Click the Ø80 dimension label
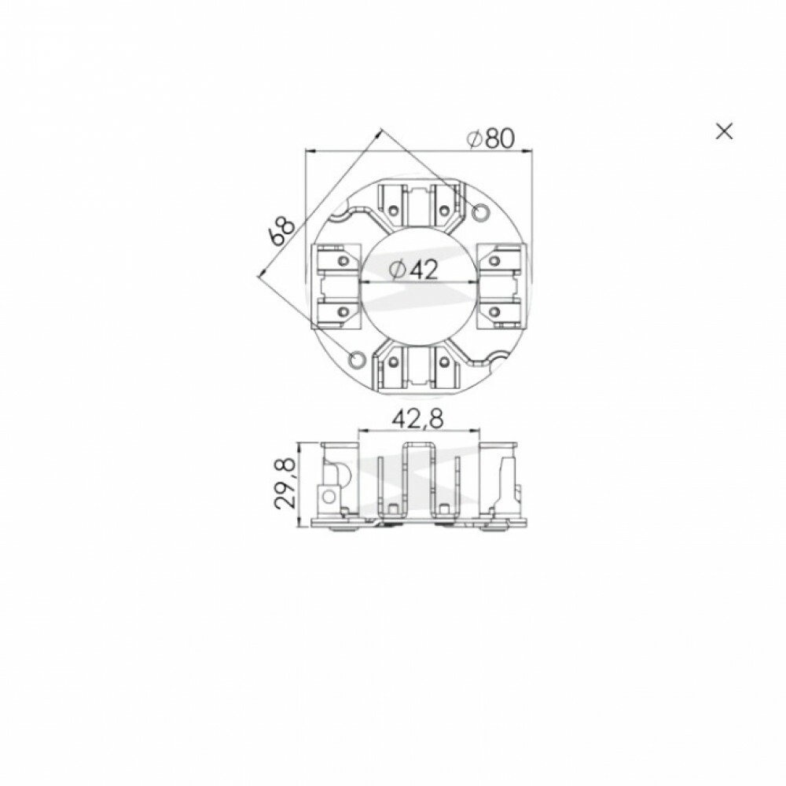[490, 138]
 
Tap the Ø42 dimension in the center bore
[414, 270]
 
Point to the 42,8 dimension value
[417, 419]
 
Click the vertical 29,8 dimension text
[286, 484]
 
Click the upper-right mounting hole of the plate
[480, 212]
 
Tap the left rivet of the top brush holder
[393, 211]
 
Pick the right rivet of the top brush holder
[444, 211]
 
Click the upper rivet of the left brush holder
[343, 261]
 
